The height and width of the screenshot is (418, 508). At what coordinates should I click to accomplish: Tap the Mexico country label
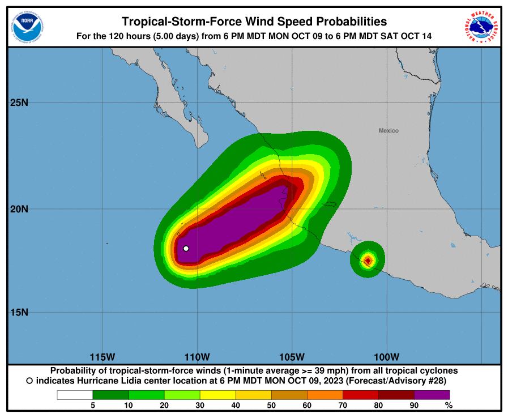[389, 131]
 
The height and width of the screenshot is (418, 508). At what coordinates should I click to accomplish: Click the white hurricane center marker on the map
[186, 248]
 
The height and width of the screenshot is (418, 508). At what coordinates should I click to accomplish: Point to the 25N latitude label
[19, 103]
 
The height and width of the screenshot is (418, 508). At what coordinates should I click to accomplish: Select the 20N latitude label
[19, 208]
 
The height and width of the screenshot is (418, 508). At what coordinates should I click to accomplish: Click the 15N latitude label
[19, 312]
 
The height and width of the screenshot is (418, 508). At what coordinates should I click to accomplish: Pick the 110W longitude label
[198, 357]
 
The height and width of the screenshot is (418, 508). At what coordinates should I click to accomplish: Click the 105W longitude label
[292, 357]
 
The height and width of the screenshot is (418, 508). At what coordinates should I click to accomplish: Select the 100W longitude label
[387, 357]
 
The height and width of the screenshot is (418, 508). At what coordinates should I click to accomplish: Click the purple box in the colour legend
[432, 395]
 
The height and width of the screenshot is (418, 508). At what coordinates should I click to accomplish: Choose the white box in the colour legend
[75, 395]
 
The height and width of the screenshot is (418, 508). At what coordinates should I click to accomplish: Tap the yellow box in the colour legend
[217, 395]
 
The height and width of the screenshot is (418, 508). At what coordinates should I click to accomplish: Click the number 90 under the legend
[414, 405]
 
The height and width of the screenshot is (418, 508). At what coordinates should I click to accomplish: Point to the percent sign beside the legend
[449, 405]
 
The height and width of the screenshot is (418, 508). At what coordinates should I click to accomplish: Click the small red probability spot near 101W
[368, 261]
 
